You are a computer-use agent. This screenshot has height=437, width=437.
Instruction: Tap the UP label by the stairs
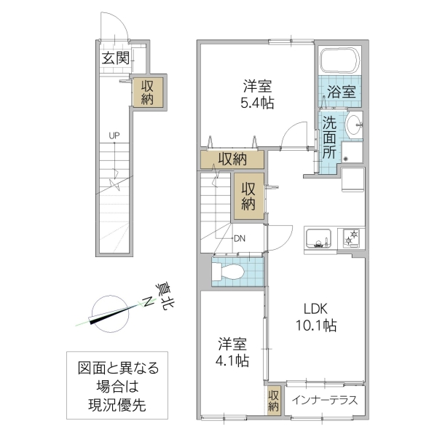tap(114, 135)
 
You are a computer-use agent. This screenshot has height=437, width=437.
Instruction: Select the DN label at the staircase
tap(240, 237)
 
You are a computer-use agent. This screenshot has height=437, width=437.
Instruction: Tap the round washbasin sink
tap(353, 124)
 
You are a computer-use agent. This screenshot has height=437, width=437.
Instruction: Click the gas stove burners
tap(351, 237)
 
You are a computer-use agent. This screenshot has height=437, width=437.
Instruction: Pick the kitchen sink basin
tap(319, 237)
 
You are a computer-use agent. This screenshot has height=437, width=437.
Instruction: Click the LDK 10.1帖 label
tap(314, 318)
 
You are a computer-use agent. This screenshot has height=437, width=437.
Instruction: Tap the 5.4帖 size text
tap(259, 103)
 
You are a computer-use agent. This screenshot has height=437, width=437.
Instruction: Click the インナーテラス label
tap(324, 400)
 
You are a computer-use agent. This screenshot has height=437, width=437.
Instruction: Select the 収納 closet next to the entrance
tap(147, 92)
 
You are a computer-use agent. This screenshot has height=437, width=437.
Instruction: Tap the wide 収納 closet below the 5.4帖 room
tap(230, 158)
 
